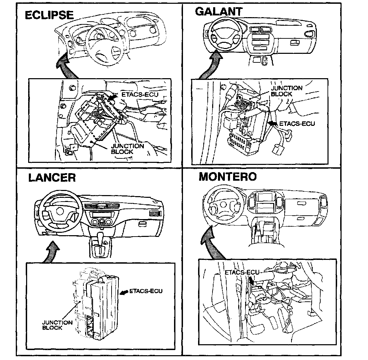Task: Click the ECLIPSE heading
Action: tap(49, 15)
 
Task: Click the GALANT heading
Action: tap(218, 11)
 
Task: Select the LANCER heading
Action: tap(52, 178)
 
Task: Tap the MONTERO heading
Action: tap(227, 177)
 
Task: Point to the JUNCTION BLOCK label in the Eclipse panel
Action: tap(127, 148)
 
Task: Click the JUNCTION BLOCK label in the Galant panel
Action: tap(287, 91)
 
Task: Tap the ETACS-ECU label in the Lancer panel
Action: tap(146, 291)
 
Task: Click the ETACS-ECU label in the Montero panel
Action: tap(242, 273)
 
